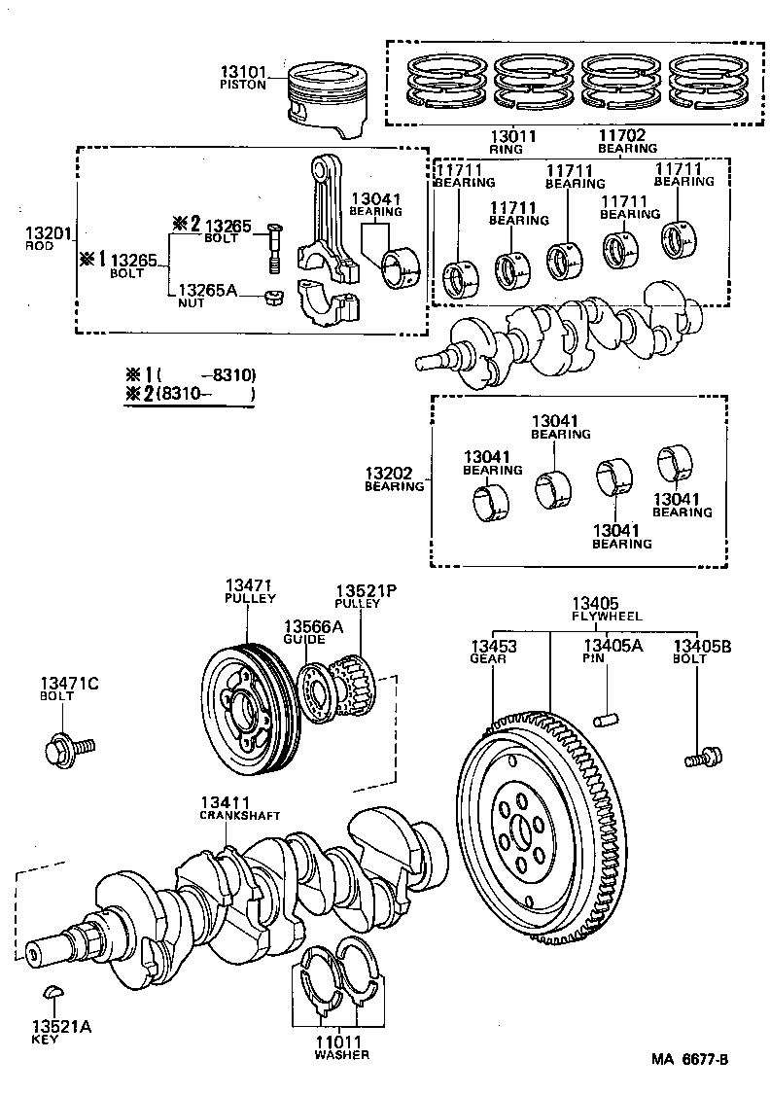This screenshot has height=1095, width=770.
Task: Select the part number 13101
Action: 242,72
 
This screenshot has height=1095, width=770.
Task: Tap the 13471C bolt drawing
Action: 66,750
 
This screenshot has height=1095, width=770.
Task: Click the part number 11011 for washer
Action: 335,1042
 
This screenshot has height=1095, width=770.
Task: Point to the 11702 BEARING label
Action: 621,143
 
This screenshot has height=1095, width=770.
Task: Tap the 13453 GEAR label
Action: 493,651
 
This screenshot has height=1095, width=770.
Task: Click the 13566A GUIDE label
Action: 312,632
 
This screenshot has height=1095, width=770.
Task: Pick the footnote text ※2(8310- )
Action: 191,395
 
